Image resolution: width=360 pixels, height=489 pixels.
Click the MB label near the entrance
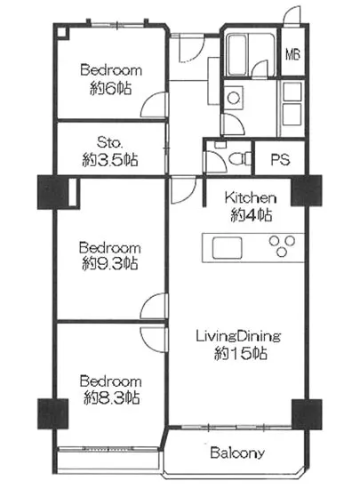tap(292, 55)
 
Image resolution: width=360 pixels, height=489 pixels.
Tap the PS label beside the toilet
tap(280, 160)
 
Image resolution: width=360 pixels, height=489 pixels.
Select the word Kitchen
tap(251, 197)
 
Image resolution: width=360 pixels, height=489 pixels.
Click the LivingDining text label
tap(238, 336)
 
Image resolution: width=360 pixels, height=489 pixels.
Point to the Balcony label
tap(237, 453)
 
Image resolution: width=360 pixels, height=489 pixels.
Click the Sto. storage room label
tap(110, 143)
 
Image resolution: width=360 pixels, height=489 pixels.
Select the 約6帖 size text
tap(111, 88)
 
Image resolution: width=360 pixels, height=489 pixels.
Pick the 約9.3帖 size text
tap(110, 264)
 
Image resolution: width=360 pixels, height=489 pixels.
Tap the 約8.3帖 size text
tap(111, 398)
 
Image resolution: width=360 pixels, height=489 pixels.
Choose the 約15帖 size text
tap(241, 354)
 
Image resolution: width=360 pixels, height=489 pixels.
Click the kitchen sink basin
tap(227, 248)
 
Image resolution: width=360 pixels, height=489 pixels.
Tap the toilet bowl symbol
tap(240, 158)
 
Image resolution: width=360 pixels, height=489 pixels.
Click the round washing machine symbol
tap(233, 98)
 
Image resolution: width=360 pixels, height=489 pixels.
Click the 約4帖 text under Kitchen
tap(252, 215)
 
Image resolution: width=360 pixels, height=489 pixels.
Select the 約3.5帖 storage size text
tap(110, 160)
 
